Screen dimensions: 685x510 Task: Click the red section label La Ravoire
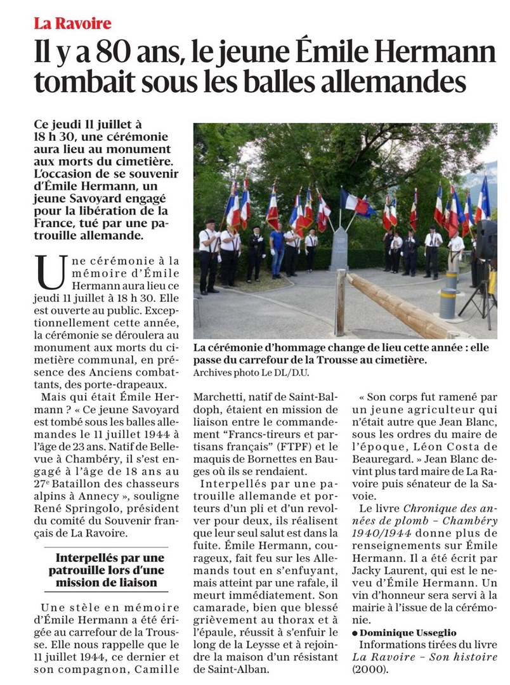coord(73,24)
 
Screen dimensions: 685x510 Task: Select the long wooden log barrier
coord(406,304)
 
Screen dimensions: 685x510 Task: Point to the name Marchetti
coord(220,398)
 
